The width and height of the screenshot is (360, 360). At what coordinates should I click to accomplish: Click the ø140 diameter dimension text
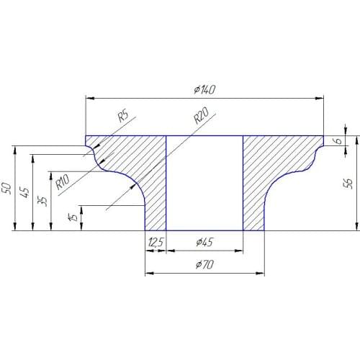coord(205,90)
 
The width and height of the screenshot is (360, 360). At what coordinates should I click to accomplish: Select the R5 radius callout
coord(122,114)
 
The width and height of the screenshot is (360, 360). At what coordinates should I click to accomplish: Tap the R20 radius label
coord(201,117)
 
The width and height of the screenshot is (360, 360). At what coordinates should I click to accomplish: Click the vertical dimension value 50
coord(7,188)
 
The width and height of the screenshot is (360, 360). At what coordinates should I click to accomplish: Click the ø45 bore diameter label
coord(205,243)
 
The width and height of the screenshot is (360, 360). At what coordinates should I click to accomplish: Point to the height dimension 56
coord(348,184)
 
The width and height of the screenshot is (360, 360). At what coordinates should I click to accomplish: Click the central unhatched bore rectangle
coord(204,183)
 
